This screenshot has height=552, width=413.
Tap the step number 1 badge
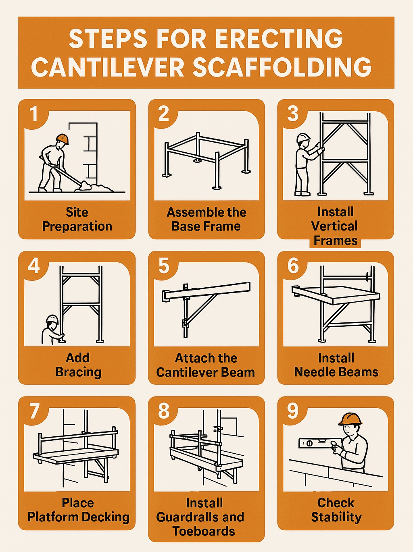point(34,114)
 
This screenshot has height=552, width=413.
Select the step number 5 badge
point(163,266)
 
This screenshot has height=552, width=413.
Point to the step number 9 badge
point(293,411)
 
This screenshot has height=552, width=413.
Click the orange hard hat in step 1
point(62,139)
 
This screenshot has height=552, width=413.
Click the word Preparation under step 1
point(77,226)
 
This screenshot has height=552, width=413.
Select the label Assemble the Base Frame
point(206,219)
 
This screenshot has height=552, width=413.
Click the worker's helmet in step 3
point(302,138)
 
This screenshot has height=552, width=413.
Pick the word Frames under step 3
point(336,241)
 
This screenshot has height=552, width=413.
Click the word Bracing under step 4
point(78,372)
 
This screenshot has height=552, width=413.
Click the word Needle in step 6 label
point(316,372)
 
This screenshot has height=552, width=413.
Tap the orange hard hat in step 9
point(350,419)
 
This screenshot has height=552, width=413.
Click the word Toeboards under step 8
point(204,531)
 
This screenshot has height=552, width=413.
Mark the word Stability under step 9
point(336,517)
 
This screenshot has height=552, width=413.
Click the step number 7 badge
point(34,411)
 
